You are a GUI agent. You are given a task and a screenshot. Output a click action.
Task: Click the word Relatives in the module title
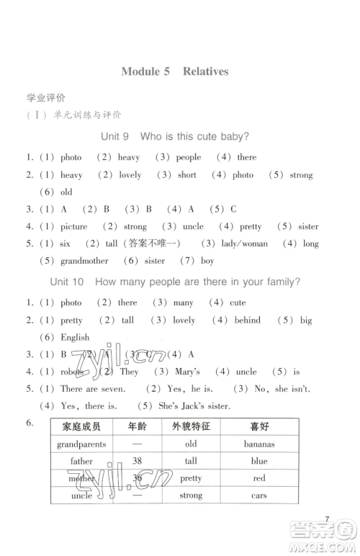[205, 71]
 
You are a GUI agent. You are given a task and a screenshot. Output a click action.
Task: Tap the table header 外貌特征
[191, 426]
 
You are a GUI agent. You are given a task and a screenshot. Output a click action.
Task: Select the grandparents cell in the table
[81, 444]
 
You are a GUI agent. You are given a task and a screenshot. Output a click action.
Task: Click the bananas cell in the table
[259, 444]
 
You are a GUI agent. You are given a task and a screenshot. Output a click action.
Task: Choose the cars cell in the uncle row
[259, 496]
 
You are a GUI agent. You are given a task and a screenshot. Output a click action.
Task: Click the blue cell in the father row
[259, 461]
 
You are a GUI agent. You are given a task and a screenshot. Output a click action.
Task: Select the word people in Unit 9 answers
[189, 157]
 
